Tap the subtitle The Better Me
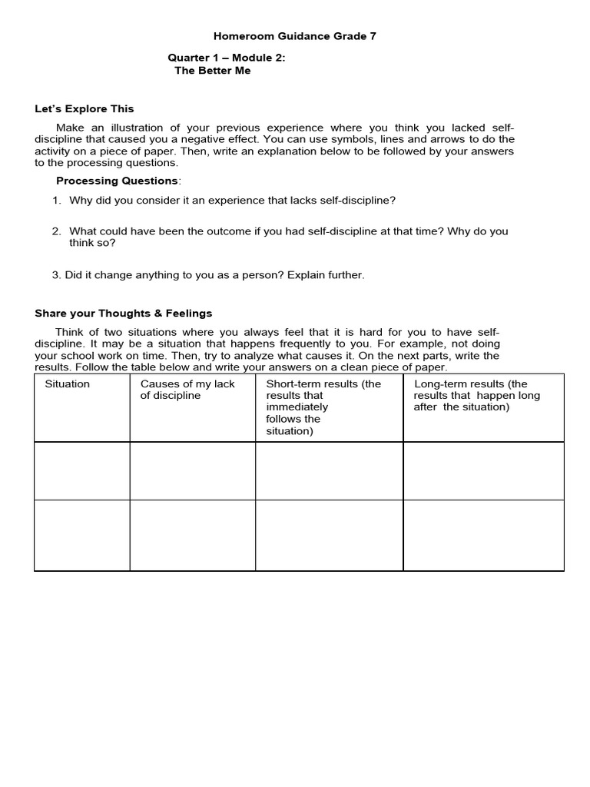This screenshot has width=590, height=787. pos(213,71)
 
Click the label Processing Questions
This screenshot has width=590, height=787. pos(117,181)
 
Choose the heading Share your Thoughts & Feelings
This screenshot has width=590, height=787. pos(124,313)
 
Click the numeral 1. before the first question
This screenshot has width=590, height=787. pos(57,200)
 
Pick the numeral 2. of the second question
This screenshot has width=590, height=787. pos(57,231)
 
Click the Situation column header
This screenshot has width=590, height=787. pos(68,384)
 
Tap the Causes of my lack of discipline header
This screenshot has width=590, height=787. pos(187,390)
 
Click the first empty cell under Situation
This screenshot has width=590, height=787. pos(82,471)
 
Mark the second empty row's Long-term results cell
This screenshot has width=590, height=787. pos(483,536)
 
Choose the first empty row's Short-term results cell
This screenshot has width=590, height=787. pos(329,471)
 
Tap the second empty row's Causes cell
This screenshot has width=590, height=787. pos(192,536)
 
